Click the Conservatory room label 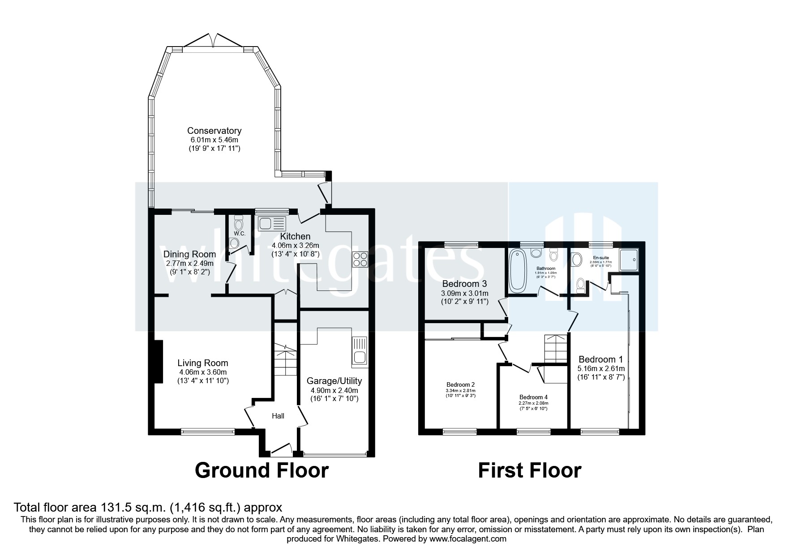(x=214, y=131)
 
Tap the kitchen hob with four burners (x=360, y=259)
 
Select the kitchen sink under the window (x=272, y=222)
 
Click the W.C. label (x=239, y=234)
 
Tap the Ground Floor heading (x=262, y=471)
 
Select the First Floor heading (x=530, y=471)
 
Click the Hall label (x=278, y=416)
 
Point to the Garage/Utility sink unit (x=360, y=350)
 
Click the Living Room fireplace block (x=158, y=362)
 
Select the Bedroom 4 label (x=533, y=397)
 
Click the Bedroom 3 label (x=464, y=284)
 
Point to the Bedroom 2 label (x=460, y=384)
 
